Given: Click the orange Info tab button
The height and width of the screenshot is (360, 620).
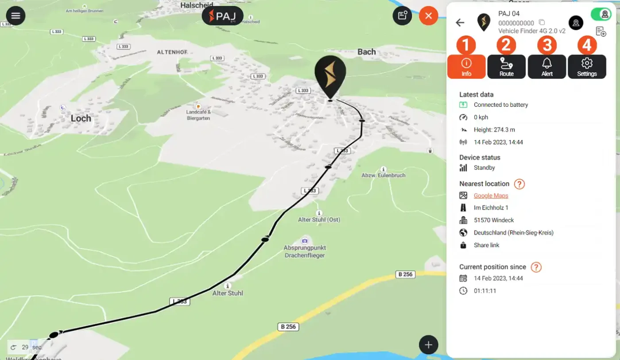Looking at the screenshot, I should (466, 67).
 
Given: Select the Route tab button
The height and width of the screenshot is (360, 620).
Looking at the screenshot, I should (506, 67).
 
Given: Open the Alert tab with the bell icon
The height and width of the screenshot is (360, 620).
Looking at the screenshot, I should (546, 67).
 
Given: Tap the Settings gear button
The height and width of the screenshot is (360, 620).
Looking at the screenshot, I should (587, 67).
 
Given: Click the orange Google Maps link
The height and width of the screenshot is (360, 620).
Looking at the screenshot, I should (491, 196).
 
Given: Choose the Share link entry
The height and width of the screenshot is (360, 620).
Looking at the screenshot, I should (486, 245).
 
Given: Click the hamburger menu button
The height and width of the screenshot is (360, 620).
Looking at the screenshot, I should (16, 16).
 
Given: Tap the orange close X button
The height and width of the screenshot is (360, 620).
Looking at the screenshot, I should (428, 16).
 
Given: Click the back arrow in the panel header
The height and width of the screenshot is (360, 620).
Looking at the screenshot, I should (460, 23).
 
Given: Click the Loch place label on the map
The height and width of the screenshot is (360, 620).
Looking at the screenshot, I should (81, 118).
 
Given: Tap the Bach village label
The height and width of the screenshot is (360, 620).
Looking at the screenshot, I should (366, 52).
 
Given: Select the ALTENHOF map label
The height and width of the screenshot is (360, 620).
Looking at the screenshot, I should (172, 52).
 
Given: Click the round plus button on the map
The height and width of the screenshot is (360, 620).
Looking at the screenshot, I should (428, 345).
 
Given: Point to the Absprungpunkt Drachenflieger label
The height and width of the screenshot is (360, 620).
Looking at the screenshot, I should (304, 252).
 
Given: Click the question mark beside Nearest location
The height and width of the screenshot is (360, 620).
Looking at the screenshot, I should (519, 184).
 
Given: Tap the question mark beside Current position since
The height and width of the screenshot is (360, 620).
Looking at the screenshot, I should (536, 267).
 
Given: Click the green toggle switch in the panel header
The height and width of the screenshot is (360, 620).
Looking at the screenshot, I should (601, 14).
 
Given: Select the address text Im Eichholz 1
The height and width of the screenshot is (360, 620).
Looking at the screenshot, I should (491, 208).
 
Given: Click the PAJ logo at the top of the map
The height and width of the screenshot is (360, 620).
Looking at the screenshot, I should (222, 16).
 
